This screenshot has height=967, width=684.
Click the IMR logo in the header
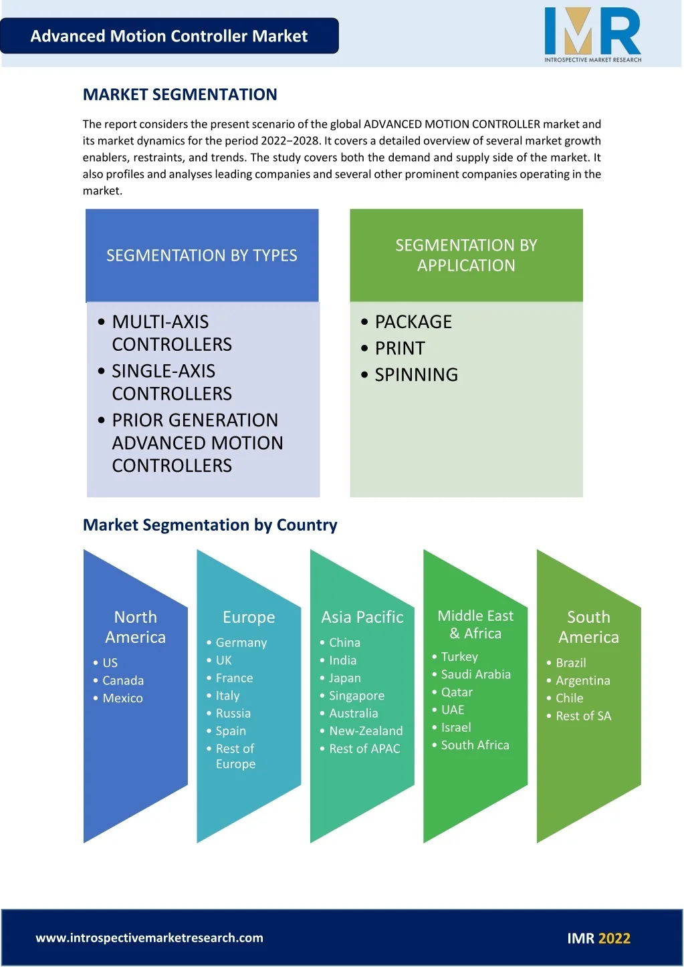592,35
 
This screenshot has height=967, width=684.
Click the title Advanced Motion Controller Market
169,36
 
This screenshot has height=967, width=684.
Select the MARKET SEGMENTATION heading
180,94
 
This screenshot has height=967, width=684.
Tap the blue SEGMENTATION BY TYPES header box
202,255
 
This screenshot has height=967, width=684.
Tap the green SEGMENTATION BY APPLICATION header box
467,255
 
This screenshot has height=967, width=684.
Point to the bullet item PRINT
400,348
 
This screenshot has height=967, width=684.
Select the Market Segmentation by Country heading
210,525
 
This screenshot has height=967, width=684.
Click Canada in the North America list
123,681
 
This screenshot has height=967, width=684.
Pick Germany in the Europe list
241,643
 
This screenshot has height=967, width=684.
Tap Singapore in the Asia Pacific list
356,696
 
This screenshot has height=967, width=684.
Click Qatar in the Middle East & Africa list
457,692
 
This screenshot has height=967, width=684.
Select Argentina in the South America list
583,681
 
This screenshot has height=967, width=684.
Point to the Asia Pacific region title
362,617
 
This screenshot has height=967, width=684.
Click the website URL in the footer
149,938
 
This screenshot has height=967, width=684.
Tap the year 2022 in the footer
614,938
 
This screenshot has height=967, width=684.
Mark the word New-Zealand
366,731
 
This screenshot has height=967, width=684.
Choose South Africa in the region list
475,745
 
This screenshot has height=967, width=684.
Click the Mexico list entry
122,698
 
